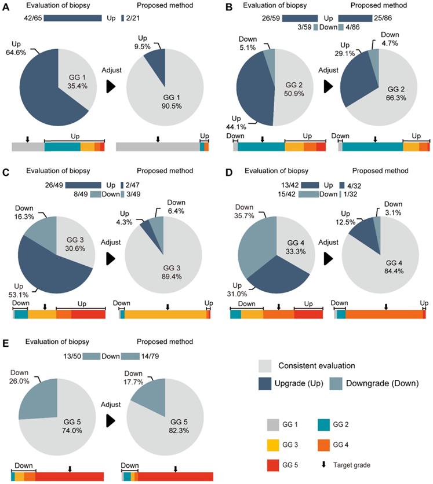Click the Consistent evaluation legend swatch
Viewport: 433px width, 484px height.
tap(267, 366)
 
